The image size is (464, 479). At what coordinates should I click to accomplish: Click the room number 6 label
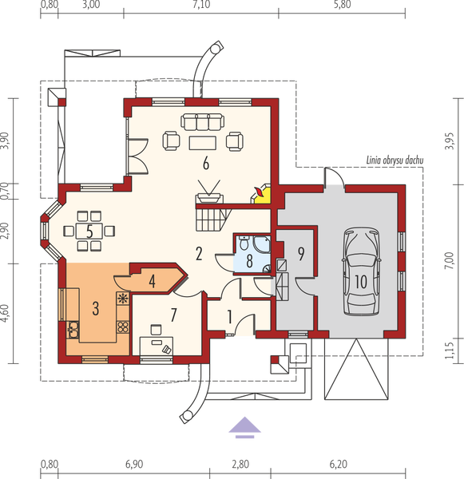tap(206, 164)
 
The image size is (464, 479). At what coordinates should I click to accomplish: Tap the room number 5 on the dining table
tap(90, 232)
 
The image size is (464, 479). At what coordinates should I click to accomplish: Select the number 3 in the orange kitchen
tap(95, 306)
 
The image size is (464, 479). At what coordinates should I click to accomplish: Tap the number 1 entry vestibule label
tap(230, 317)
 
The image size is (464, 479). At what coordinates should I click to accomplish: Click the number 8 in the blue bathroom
tap(249, 259)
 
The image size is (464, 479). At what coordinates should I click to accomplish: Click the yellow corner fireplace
tap(263, 192)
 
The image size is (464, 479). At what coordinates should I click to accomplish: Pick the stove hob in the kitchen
tap(123, 299)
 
